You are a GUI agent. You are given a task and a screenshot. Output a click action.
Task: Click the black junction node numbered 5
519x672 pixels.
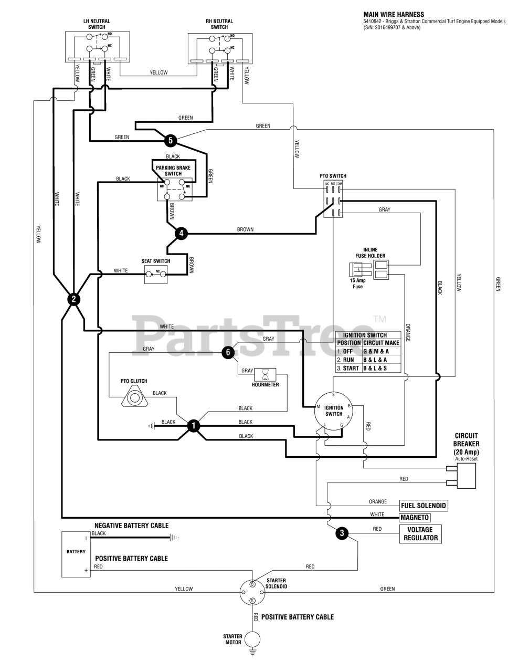[171, 141]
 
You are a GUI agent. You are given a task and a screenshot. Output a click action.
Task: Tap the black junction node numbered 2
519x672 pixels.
[73, 299]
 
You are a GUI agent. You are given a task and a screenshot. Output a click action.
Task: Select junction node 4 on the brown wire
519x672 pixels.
[181, 233]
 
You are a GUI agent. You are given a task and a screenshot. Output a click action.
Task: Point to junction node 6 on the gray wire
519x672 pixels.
[228, 352]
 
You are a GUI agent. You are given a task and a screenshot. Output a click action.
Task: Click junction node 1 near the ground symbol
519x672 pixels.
[194, 426]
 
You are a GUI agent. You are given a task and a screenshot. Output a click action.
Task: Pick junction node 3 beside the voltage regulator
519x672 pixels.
[342, 533]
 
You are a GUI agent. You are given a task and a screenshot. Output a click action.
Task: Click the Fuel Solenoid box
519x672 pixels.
[423, 506]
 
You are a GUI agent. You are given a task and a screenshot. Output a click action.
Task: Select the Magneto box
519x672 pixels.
[415, 517]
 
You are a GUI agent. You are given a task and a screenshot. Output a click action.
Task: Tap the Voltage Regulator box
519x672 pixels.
[420, 534]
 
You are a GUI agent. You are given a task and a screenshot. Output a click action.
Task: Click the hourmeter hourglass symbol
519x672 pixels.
[265, 375]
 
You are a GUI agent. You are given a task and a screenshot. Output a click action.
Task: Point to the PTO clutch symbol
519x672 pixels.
[134, 398]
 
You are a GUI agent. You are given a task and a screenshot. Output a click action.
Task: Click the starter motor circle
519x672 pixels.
[252, 639]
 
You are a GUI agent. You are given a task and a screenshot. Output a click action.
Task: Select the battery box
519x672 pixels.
[76, 554]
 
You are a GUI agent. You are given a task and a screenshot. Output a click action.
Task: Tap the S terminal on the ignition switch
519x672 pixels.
[333, 395]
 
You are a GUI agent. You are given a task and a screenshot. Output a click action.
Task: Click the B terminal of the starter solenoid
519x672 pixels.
[252, 584]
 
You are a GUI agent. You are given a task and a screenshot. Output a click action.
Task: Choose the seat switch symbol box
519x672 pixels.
[156, 274]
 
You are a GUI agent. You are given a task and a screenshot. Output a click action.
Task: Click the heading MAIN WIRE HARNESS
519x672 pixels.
[394, 15]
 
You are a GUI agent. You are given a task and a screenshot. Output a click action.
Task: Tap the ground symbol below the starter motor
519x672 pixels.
[252, 653]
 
